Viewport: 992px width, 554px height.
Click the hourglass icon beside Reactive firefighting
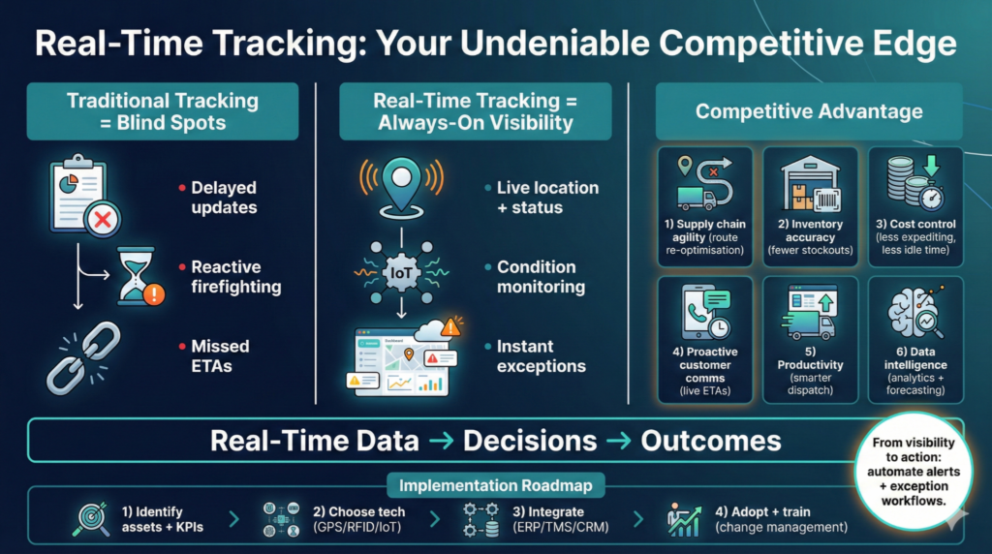[137, 276]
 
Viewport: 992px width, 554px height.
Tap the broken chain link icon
[83, 357]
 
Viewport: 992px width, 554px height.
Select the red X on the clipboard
[102, 220]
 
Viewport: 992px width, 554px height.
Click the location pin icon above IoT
[402, 188]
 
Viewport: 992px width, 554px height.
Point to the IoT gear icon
[402, 273]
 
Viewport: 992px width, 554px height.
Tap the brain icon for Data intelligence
[915, 312]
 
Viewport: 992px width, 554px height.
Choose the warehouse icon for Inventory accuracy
[811, 183]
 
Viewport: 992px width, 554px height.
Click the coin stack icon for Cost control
[915, 183]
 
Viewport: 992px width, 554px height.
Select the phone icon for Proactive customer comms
[705, 313]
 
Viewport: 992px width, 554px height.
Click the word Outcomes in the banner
[711, 441]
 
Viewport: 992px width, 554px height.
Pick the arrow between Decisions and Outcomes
[619, 441]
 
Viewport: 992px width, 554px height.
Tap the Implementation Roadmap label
[495, 485]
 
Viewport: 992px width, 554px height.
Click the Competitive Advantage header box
[809, 111]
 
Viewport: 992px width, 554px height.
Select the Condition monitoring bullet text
[541, 276]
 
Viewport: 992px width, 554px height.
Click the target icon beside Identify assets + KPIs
[92, 519]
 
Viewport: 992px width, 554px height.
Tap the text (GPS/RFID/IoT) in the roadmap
[357, 527]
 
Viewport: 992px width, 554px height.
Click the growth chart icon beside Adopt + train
[683, 519]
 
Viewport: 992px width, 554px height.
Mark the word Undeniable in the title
[555, 44]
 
